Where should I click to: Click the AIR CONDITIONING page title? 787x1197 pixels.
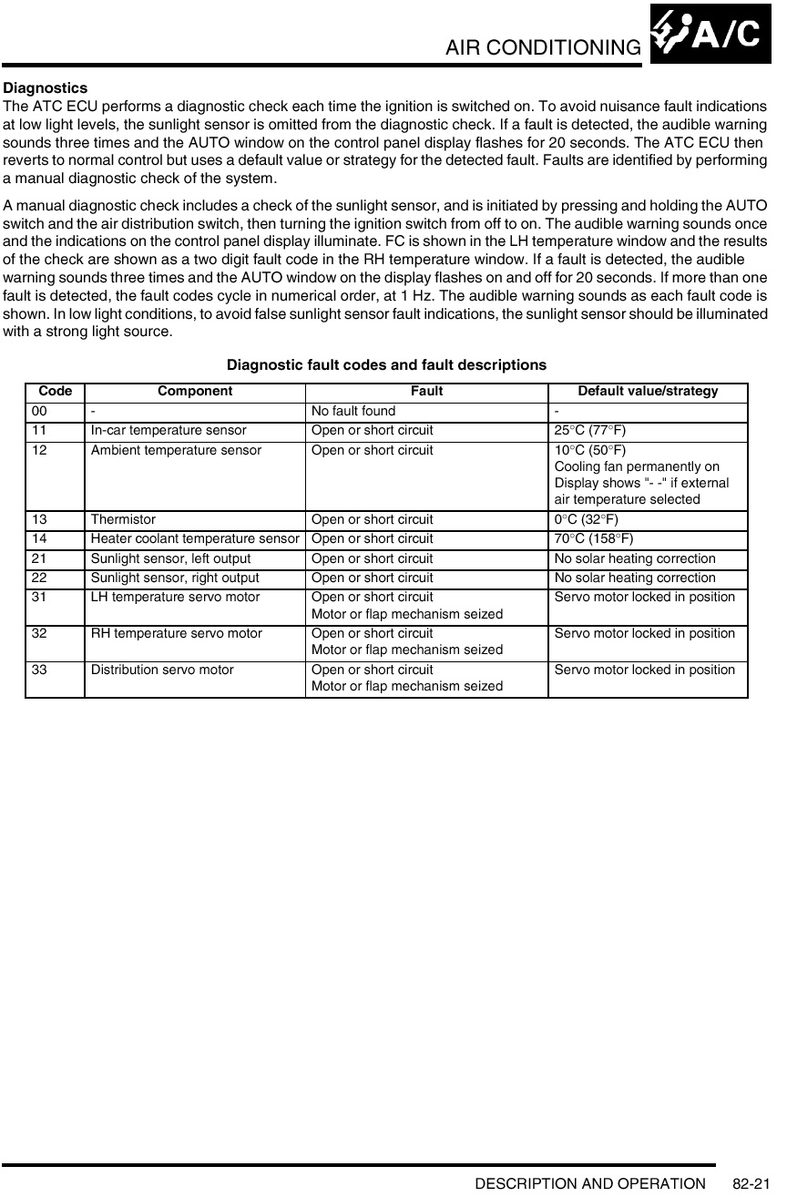coord(543,46)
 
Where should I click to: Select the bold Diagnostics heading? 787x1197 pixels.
coord(46,88)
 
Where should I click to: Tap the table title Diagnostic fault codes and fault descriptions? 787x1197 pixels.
coord(386,365)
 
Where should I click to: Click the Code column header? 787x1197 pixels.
coord(55,392)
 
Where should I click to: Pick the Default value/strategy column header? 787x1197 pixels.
coord(648,392)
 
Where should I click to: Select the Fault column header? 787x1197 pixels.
coord(426,392)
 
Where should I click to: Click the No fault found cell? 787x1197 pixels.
coord(353,411)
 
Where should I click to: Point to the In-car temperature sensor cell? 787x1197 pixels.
coord(168,430)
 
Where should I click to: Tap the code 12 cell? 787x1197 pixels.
coord(40,450)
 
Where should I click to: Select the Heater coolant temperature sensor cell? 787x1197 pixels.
coord(194,538)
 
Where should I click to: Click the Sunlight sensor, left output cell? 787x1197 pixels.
coord(170,558)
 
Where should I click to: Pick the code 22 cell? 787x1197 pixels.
coord(40,578)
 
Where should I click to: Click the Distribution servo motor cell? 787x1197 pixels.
coord(161,670)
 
